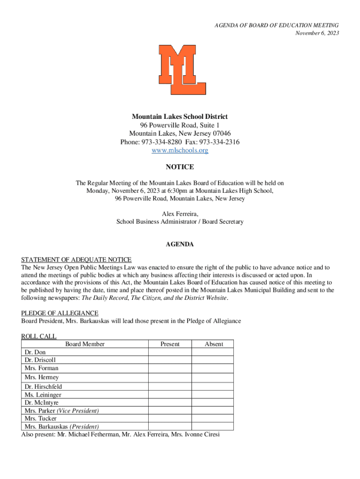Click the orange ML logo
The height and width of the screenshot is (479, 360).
[182, 69]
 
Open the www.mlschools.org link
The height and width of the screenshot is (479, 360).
[180, 151]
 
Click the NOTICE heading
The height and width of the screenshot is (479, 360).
[180, 167]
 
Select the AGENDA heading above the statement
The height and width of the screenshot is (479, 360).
[180, 245]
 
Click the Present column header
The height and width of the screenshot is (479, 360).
[170, 344]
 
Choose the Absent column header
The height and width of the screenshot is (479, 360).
[214, 344]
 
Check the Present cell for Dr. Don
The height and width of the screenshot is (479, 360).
[170, 352]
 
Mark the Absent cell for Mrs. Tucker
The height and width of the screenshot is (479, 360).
[213, 419]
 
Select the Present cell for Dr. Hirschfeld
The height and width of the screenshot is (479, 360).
[170, 387]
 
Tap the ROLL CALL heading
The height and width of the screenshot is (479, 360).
[39, 336]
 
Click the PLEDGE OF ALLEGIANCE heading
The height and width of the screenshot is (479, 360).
[59, 313]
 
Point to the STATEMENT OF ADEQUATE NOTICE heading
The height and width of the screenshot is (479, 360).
[76, 260]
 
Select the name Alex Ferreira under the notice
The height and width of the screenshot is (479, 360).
[179, 214]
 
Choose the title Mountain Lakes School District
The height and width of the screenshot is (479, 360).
[180, 116]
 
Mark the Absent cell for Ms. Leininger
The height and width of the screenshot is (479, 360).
[213, 395]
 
